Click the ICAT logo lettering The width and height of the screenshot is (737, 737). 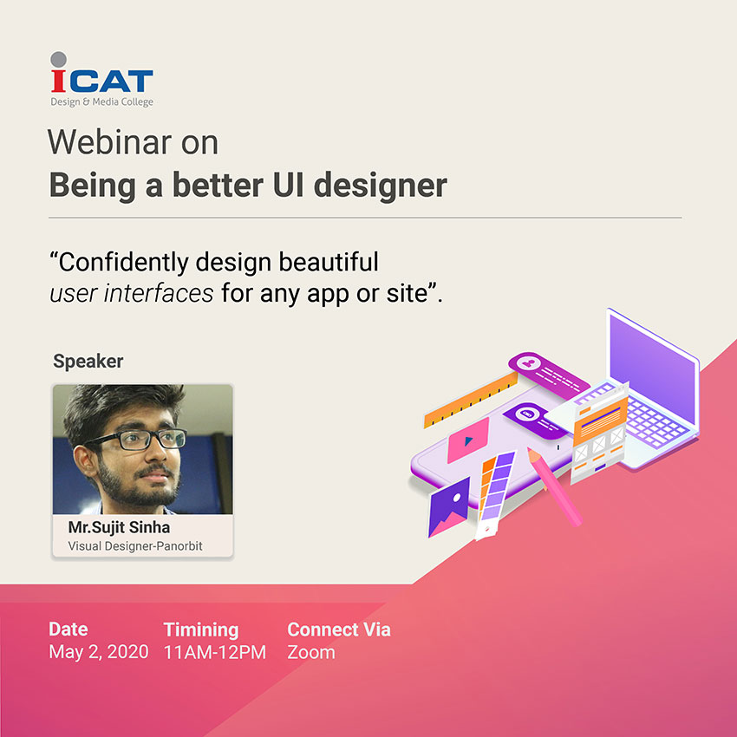point(102,81)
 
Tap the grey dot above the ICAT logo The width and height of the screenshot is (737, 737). point(58,59)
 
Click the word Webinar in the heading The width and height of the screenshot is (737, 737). point(109,141)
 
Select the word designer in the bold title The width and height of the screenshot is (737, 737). point(380,186)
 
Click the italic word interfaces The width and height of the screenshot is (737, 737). point(159,293)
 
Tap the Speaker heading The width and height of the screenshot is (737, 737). point(88,362)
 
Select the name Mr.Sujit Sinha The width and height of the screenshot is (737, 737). point(119,527)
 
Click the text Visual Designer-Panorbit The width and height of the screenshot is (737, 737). point(135,546)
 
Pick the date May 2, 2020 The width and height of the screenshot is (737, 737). point(98,652)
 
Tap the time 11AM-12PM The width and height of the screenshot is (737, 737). point(215,652)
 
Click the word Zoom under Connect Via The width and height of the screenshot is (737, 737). point(311,652)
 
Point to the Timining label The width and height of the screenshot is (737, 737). point(201,629)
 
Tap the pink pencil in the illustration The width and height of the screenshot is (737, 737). point(555,486)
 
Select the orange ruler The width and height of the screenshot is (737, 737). point(471,400)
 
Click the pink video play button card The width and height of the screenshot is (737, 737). point(468,440)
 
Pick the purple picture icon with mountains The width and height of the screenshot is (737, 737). point(449,507)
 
